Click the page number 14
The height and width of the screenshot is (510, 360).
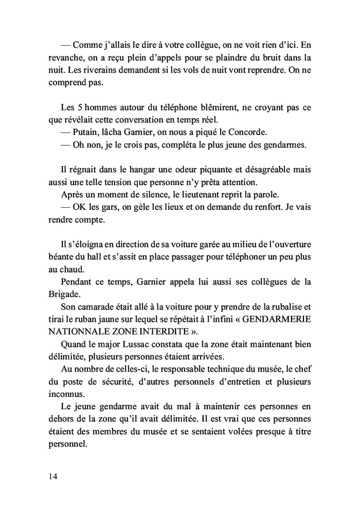click(x=53, y=476)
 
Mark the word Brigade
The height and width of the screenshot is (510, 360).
click(x=65, y=294)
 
